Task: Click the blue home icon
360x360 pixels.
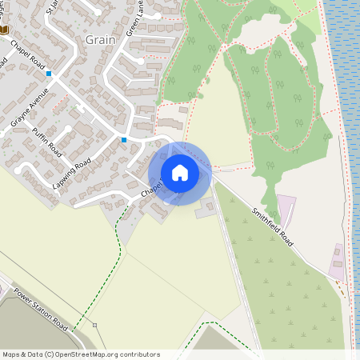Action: (179, 173)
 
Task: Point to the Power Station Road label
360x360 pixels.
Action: (41, 307)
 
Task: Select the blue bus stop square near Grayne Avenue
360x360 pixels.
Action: (49, 74)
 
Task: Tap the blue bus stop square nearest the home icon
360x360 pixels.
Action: (124, 140)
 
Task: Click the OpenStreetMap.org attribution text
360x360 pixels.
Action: (105, 354)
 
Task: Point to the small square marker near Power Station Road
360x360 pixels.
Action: (94, 326)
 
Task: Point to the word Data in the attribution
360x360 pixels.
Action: (36, 354)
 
